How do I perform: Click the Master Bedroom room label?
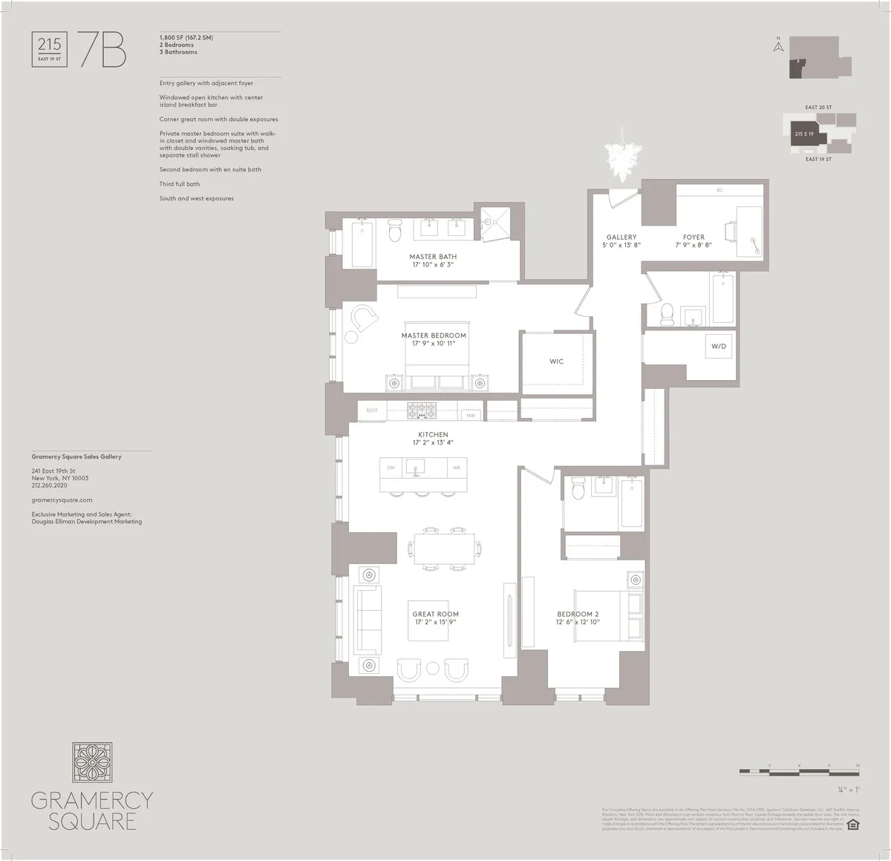(x=434, y=335)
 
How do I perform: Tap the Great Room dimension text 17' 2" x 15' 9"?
(x=435, y=622)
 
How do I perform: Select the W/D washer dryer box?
(x=719, y=347)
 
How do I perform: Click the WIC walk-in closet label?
(x=556, y=361)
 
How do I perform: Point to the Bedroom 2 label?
(x=578, y=614)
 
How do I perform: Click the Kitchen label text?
(x=433, y=434)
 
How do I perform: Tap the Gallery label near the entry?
(x=621, y=238)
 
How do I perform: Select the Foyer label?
(x=693, y=238)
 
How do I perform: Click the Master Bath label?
(x=433, y=257)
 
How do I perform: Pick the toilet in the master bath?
(x=394, y=232)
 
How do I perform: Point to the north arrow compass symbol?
(x=778, y=46)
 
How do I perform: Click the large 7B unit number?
(x=102, y=50)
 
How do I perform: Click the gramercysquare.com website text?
(x=62, y=500)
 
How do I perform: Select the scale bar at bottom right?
(x=800, y=773)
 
